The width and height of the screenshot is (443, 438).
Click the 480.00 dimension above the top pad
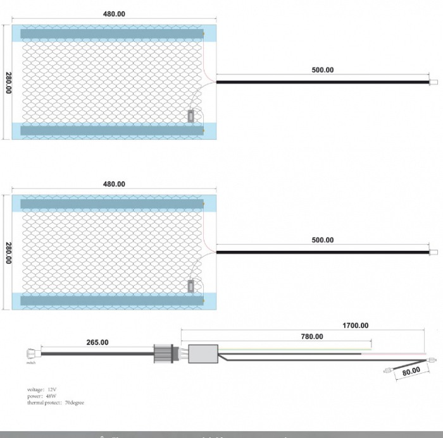(114, 13)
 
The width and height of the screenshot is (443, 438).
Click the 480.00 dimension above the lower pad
(114, 184)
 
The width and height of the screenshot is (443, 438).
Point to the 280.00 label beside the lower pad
(8, 252)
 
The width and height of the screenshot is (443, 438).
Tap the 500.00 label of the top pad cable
(323, 70)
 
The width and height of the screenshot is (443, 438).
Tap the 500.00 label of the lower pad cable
(323, 240)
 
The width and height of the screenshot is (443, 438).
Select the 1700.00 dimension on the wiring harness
(356, 325)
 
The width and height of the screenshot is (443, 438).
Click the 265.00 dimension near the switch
(97, 342)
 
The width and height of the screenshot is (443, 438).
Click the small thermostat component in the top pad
(191, 116)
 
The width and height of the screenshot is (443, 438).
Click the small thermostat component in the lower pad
(191, 286)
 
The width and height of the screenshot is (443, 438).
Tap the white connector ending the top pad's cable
(434, 82)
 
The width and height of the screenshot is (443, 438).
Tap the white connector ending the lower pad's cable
(434, 252)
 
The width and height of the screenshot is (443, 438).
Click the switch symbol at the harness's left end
(30, 355)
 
